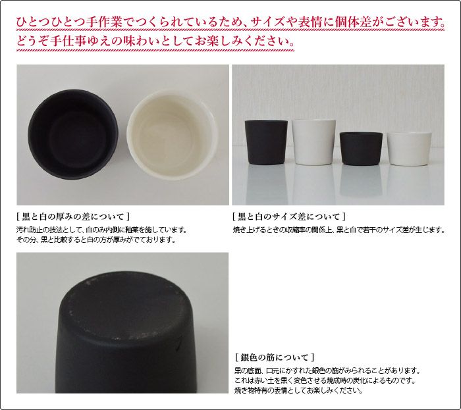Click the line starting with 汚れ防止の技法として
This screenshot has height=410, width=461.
(x=101, y=230)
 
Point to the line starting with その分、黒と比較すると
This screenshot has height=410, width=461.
(x=95, y=240)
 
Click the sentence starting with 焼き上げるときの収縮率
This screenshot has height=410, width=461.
(x=339, y=230)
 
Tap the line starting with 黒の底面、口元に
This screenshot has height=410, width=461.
(x=326, y=371)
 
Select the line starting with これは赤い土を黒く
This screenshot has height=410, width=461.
(x=322, y=381)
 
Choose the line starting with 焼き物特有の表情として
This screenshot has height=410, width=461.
(x=297, y=391)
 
